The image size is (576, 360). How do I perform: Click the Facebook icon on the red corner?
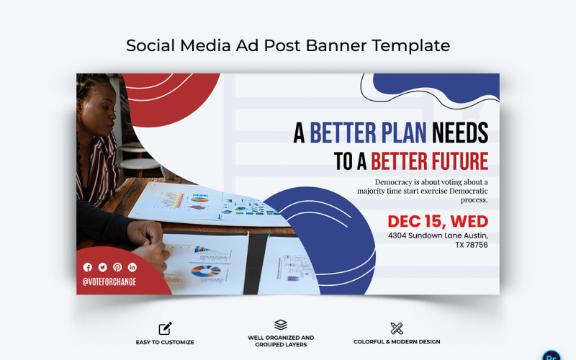pyautogui.click(x=88, y=267)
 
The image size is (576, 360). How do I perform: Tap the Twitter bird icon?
pyautogui.click(x=102, y=267)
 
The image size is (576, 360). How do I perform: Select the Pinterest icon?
pyautogui.click(x=117, y=267)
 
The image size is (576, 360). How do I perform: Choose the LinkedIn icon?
pyautogui.click(x=132, y=267)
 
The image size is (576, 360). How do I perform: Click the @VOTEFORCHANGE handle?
pyautogui.click(x=109, y=282)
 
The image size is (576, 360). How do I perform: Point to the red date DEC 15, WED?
pyautogui.click(x=437, y=221)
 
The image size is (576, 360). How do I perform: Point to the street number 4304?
pyautogui.click(x=400, y=235)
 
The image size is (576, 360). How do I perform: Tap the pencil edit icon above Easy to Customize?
pyautogui.click(x=165, y=328)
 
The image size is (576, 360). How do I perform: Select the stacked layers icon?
pyautogui.click(x=281, y=325)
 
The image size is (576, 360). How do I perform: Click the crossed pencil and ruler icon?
pyautogui.click(x=397, y=328)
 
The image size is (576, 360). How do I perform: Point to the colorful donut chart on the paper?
pyautogui.click(x=206, y=271)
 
